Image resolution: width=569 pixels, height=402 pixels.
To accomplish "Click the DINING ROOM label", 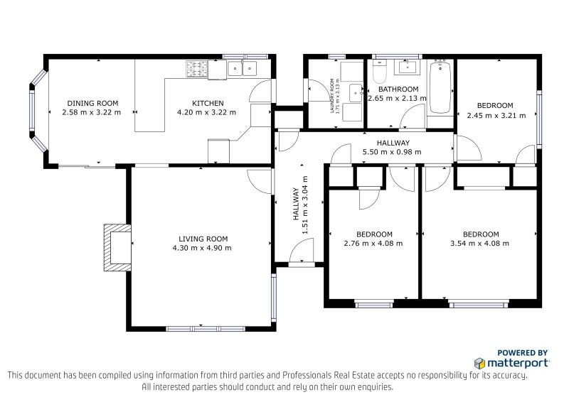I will (x=92, y=103).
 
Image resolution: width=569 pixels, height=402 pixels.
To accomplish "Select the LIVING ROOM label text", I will (x=203, y=239).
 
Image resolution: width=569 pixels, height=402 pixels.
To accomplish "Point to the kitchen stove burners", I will (x=196, y=69).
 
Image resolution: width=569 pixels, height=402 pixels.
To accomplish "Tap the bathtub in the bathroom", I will (x=441, y=87).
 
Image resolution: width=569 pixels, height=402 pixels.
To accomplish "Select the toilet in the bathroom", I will (x=378, y=73).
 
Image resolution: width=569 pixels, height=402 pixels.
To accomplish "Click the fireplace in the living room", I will (x=116, y=247).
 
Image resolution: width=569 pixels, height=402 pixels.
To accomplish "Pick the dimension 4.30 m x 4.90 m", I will (x=202, y=248).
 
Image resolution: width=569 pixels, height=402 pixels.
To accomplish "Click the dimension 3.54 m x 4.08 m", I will (x=480, y=244).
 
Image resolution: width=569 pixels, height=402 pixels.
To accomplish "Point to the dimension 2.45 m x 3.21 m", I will (x=494, y=114).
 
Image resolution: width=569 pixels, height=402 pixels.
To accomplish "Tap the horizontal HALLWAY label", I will (x=393, y=143).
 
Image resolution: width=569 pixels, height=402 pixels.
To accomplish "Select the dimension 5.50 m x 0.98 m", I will (x=392, y=151).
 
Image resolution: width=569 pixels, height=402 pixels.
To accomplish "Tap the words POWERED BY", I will (x=522, y=352).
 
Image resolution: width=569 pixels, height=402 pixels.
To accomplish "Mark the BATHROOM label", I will (x=397, y=89).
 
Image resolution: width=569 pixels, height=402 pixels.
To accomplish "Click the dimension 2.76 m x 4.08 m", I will (x=373, y=244).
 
